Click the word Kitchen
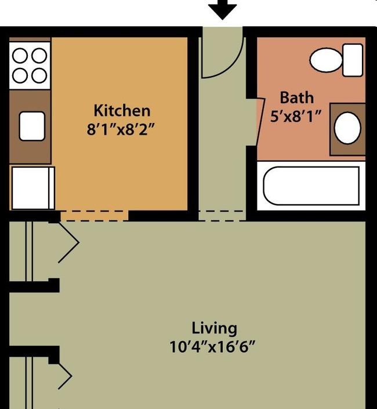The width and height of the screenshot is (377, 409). [x=122, y=110]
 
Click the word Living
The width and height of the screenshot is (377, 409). [x=215, y=328]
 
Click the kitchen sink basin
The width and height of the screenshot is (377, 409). [x=32, y=126]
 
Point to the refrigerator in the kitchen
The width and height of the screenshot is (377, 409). [x=32, y=187]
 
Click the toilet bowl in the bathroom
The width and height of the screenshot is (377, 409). [x=326, y=59]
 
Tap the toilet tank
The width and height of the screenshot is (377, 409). [x=352, y=59]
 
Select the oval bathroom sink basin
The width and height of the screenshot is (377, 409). [x=347, y=128]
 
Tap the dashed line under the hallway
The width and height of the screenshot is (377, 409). [x=222, y=215]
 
